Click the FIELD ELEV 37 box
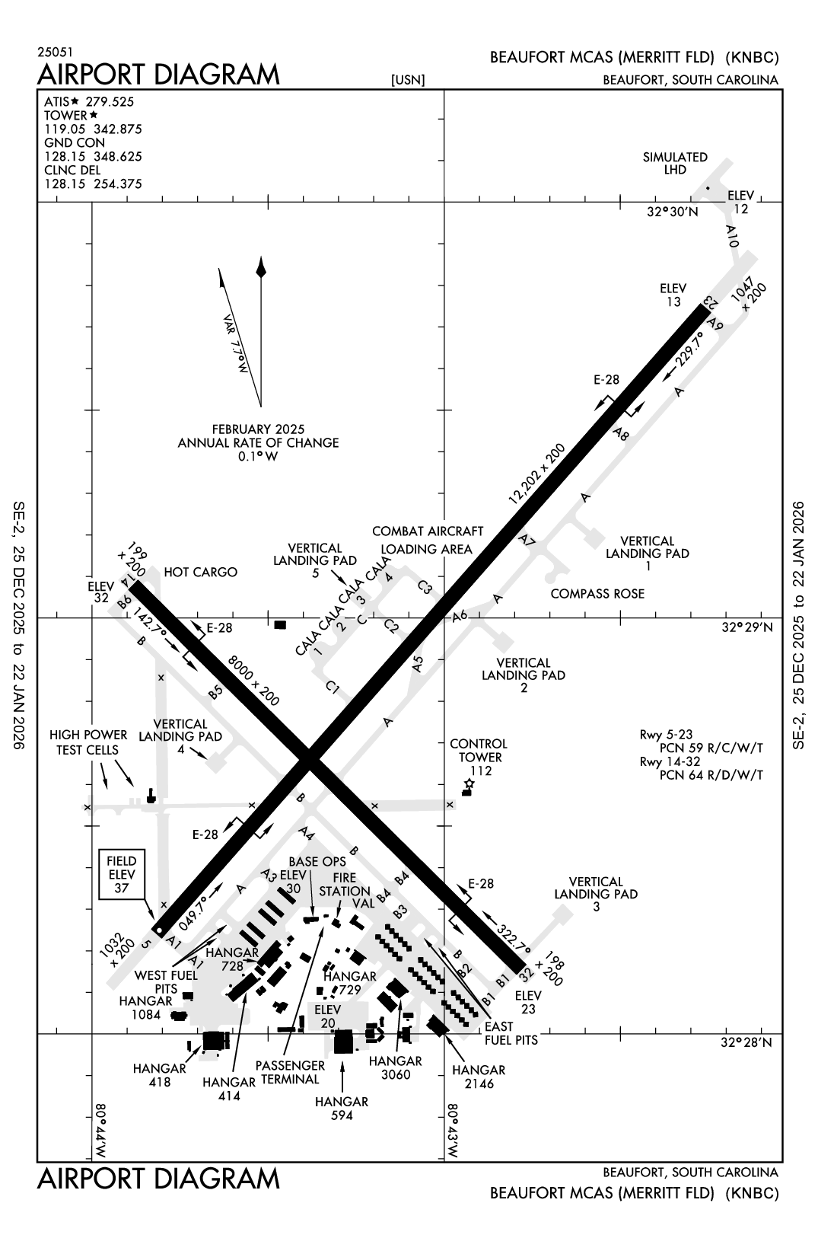[121, 875]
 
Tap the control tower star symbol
[470, 783]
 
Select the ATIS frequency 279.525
[110, 101]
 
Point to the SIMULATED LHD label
[675, 163]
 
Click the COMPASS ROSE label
[597, 594]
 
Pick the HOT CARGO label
[200, 572]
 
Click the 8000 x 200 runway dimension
[253, 681]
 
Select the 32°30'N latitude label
[672, 212]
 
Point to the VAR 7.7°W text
[236, 343]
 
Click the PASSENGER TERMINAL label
[290, 1071]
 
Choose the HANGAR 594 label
[342, 1109]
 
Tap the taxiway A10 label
[732, 236]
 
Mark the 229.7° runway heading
[689, 349]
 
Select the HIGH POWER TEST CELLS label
[88, 742]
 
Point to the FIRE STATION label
[345, 884]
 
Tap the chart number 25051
[56, 52]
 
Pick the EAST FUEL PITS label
[511, 1033]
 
